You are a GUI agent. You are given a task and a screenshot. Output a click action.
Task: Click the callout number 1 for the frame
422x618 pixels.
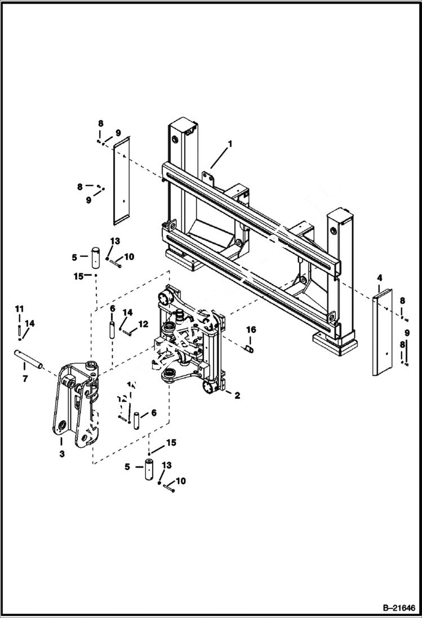[x=230, y=144]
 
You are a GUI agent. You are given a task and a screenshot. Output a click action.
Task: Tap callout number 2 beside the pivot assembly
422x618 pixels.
[x=237, y=395]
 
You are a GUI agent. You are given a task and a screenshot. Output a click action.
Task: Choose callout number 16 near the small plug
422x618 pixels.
[x=251, y=329]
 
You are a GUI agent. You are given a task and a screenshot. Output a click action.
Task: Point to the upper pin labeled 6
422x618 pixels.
[x=112, y=328]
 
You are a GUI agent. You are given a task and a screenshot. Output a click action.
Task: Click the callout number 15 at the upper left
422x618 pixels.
[x=78, y=276]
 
